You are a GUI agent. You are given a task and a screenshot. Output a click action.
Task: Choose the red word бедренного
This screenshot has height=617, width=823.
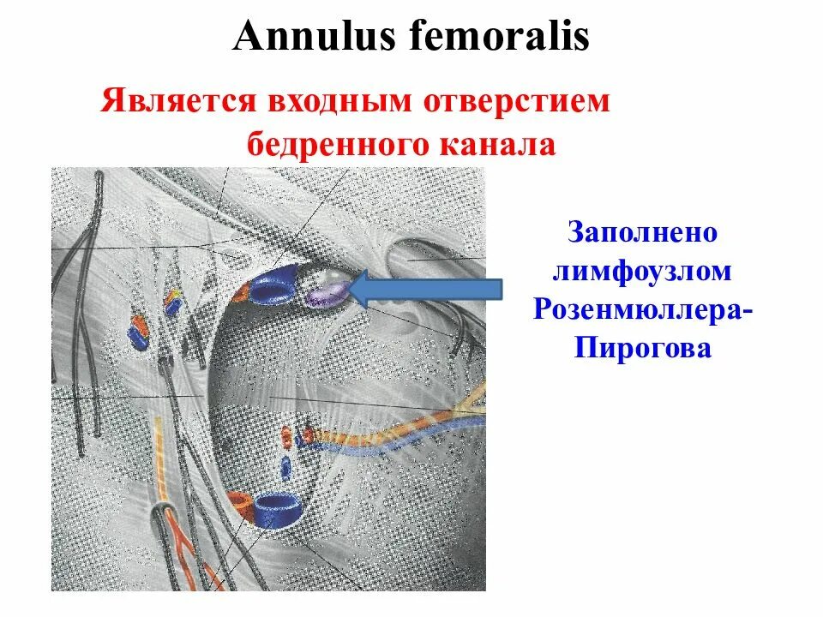pyautogui.click(x=343, y=143)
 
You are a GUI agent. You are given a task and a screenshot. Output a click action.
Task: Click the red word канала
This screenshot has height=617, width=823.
pyautogui.click(x=501, y=143)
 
